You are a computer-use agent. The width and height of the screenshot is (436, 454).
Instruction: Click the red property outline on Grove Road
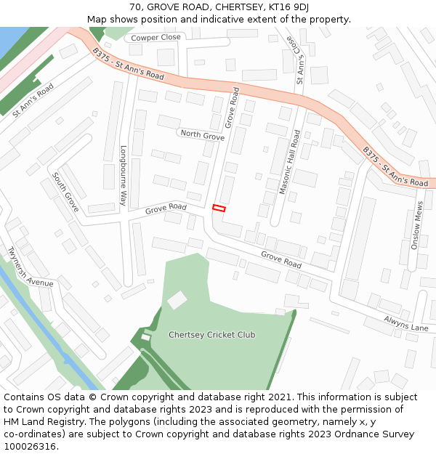[x=219, y=208]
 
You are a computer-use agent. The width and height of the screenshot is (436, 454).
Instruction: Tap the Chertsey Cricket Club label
[x=211, y=335]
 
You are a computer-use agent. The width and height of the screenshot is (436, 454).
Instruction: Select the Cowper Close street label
[x=156, y=37]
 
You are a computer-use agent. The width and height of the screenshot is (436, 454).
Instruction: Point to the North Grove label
[x=202, y=135]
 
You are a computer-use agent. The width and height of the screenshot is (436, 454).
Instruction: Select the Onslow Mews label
[x=417, y=225]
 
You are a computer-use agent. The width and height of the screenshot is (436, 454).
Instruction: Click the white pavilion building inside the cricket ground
[x=177, y=299]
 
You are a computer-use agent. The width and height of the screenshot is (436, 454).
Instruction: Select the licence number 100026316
[x=32, y=447]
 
